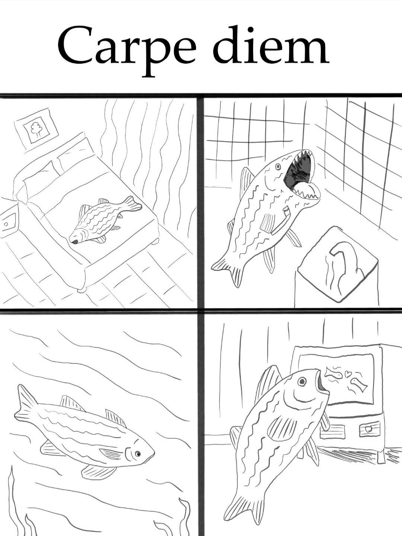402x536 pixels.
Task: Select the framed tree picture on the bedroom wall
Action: click(x=36, y=129)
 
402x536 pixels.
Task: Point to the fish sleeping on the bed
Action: click(x=105, y=219)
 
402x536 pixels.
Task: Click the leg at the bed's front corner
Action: click(x=82, y=290)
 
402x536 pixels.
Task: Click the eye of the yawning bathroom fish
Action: click(x=278, y=167)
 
